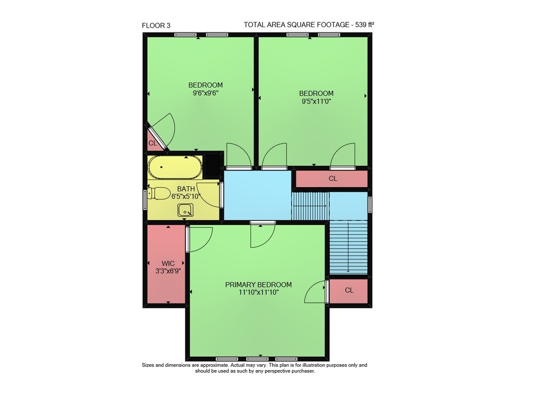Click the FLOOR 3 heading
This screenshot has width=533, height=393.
156,26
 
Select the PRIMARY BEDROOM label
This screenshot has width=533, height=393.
259,285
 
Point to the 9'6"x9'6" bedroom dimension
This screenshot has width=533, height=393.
205,93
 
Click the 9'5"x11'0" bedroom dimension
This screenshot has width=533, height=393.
316,101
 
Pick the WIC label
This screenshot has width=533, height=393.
168,263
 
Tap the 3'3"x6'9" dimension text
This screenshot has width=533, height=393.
168,271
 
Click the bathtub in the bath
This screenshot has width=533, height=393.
175,167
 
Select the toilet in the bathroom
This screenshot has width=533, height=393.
158,194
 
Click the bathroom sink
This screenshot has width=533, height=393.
185,210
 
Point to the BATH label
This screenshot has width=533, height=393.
186,189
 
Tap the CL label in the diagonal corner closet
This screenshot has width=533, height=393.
152,143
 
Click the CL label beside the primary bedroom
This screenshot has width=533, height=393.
349,290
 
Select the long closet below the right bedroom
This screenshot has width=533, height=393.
332,179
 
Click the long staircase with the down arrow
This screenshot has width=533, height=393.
349,247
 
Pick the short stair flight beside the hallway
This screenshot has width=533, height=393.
311,206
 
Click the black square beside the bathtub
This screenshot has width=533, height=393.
213,165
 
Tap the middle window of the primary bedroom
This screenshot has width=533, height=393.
257,359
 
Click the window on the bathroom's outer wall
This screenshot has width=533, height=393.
145,200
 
